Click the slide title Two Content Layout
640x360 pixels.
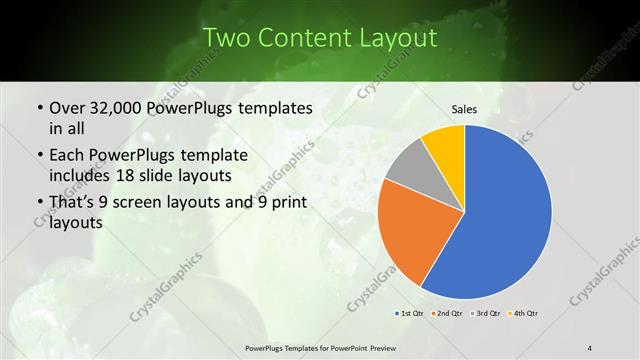coord(320,38)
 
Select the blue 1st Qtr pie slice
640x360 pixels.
coord(510,215)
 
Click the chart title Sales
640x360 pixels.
coord(464,109)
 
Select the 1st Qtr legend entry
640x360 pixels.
coord(410,314)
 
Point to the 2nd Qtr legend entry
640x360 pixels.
coord(447,314)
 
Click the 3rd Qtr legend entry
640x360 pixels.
coord(484,314)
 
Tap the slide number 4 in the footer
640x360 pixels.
coord(590,347)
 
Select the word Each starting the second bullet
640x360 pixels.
coord(68,156)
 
